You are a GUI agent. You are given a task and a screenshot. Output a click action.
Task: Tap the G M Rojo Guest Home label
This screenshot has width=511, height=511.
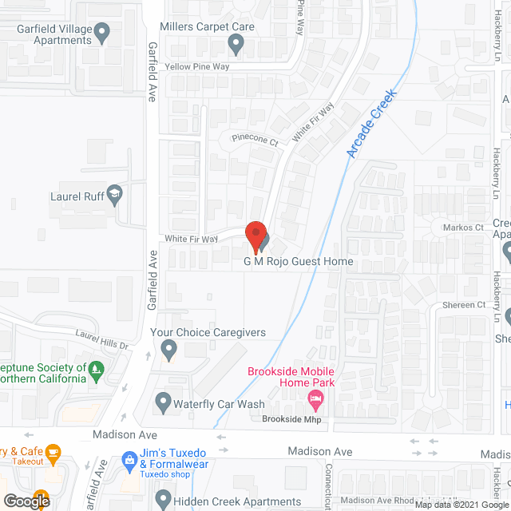[299, 261]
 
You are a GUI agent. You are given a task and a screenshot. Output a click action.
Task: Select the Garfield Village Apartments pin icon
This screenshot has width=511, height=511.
[101, 33]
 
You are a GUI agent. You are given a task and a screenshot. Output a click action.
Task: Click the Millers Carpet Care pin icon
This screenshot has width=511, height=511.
[236, 43]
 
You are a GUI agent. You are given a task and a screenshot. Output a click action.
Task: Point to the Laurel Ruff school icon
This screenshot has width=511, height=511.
[116, 194]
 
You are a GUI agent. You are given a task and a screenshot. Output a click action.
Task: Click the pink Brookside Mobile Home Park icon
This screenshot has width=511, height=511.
[316, 398]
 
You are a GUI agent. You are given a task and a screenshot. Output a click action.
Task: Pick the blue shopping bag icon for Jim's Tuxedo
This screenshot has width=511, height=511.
[129, 460]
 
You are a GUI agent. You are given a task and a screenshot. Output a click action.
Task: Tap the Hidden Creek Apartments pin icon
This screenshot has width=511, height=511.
[163, 501]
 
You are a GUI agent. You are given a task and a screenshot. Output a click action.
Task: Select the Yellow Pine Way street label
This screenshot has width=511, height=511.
[197, 67]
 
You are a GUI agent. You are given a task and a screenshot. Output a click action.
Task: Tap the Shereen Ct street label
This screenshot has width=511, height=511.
[464, 305]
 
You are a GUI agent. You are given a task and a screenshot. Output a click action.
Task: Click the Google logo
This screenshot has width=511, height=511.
[26, 501]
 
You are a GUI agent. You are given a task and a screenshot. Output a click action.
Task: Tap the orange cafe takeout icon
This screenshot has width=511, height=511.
[53, 454]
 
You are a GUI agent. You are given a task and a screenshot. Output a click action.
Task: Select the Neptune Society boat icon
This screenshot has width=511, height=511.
[96, 368]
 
